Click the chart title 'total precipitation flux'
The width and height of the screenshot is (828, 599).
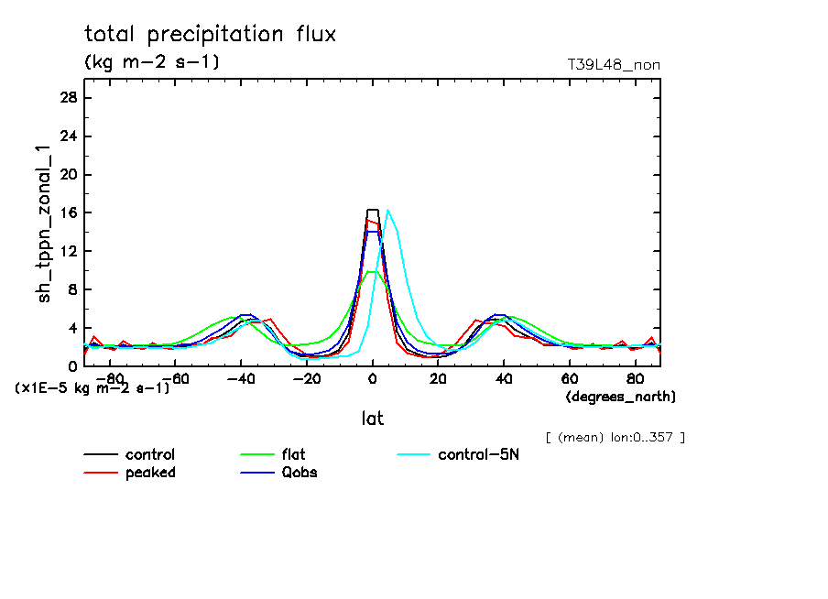click(x=211, y=35)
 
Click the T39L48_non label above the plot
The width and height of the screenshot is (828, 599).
click(x=614, y=65)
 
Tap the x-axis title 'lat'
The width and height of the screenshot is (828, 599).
click(x=372, y=419)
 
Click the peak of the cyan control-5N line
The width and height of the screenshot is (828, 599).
click(x=388, y=211)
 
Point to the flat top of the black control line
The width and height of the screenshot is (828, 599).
click(x=372, y=210)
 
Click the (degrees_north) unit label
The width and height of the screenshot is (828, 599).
click(x=620, y=397)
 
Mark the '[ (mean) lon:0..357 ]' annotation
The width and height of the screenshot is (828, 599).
click(x=614, y=437)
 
